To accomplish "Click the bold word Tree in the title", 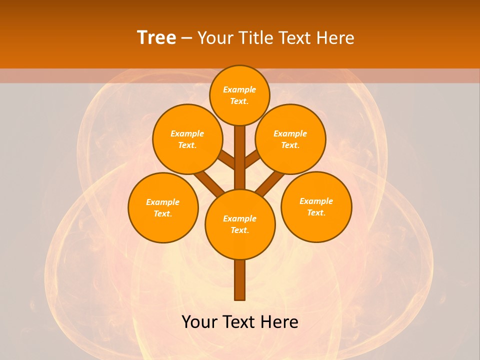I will click(156, 37).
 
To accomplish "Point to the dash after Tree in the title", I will click(186, 38).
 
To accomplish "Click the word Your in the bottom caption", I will click(200, 322).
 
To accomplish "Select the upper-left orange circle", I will click(187, 139).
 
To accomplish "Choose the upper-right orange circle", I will click(290, 139).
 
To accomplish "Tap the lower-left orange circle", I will click(163, 207).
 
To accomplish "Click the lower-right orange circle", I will click(316, 206).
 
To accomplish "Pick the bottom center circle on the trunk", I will click(240, 224).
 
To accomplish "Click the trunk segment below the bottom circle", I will click(240, 280).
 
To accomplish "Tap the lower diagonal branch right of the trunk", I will click(270, 182).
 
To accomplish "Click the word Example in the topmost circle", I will click(239, 89).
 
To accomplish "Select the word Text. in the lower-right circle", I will click(316, 212).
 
